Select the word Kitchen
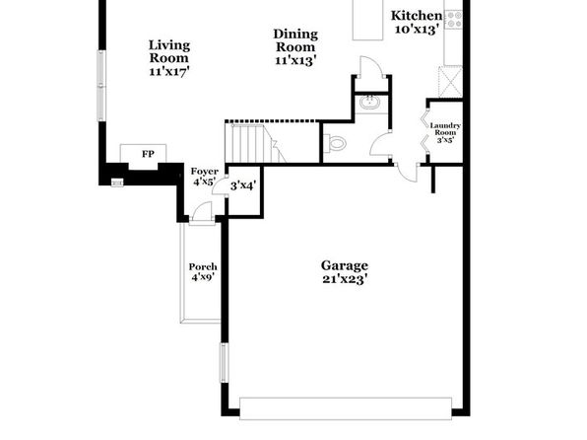click(x=417, y=16)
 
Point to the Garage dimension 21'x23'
click(x=345, y=279)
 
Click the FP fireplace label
click(x=148, y=154)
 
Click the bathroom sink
click(x=370, y=102)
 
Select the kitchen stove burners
click(x=454, y=19)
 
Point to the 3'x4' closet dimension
click(x=243, y=185)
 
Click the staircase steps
click(x=254, y=143)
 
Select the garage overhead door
click(x=346, y=408)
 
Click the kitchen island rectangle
click(x=367, y=19)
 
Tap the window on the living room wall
click(x=101, y=86)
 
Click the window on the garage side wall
click(x=224, y=363)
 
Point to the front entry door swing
click(x=202, y=212)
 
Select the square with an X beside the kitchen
click(x=450, y=82)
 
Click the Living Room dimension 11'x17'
click(x=169, y=71)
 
